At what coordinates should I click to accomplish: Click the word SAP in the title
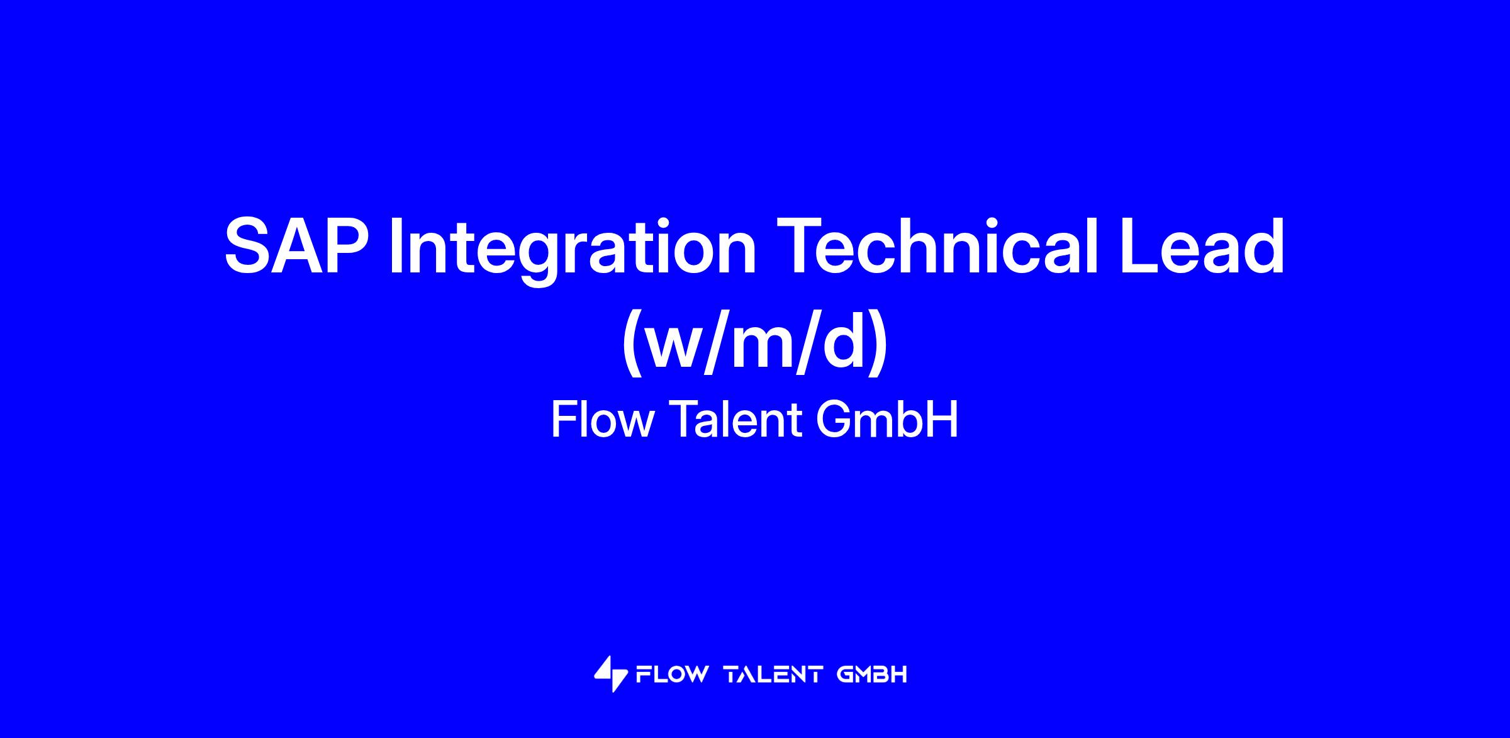[x=296, y=246]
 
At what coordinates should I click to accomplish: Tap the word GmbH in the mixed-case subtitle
[x=887, y=420]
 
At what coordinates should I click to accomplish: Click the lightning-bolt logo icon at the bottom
[x=611, y=674]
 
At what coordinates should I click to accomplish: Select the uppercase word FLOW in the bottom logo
[x=673, y=675]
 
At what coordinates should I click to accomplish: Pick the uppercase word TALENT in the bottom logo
[x=773, y=675]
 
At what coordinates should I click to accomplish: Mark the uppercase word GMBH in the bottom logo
[x=873, y=675]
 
